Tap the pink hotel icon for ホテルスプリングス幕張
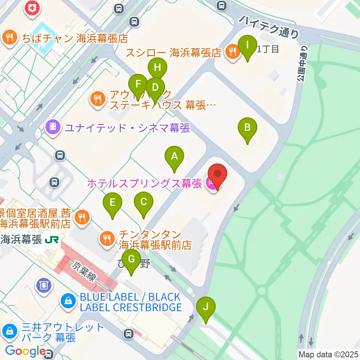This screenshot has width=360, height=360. (211, 184)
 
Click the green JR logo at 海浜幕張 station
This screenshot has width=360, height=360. (51, 239)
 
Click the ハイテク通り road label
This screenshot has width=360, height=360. (270, 26)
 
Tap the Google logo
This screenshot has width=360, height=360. (25, 351)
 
